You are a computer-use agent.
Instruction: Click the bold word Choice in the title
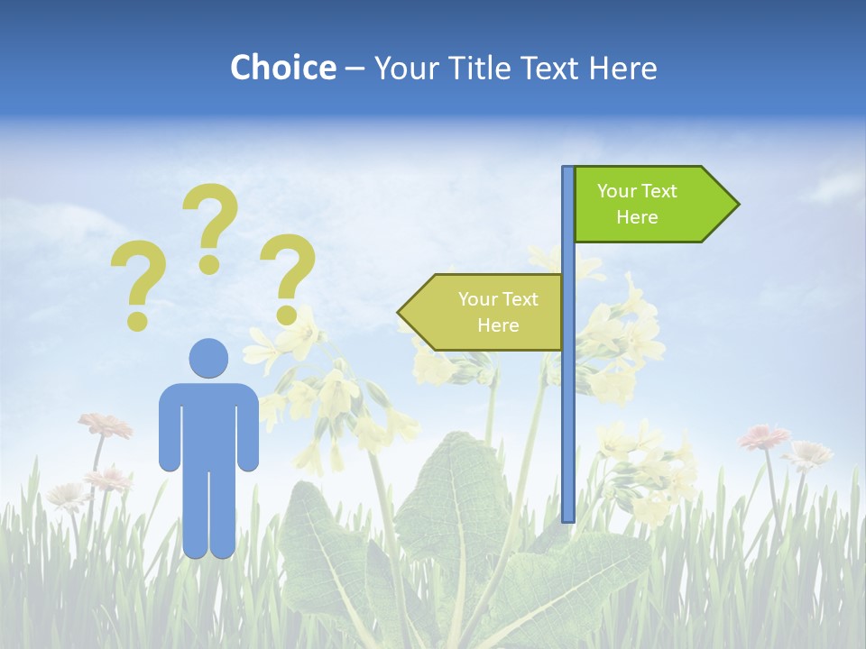[282, 68]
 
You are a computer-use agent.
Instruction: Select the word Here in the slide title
[622, 68]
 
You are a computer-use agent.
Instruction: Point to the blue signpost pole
[568, 406]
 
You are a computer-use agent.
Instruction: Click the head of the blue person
[208, 358]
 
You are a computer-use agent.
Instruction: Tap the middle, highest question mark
[211, 216]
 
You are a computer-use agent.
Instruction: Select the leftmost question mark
[138, 275]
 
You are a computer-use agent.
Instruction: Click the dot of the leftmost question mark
[137, 320]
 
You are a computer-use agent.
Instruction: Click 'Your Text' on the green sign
[637, 191]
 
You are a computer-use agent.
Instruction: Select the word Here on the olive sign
[498, 325]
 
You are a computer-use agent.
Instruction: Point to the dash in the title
[355, 69]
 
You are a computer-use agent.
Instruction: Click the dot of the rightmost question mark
[287, 315]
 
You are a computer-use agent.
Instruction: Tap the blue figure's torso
[208, 424]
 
